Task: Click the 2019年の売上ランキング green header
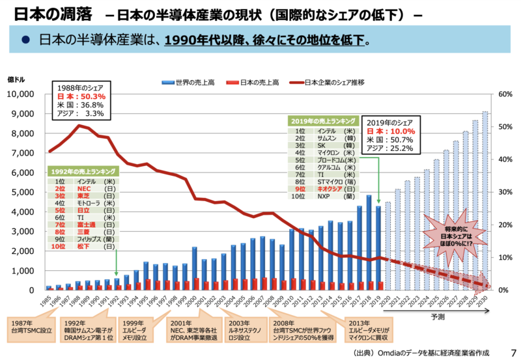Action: click(323, 120)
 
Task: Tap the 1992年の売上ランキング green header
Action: click(83, 171)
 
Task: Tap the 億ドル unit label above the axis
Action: click(16, 80)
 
